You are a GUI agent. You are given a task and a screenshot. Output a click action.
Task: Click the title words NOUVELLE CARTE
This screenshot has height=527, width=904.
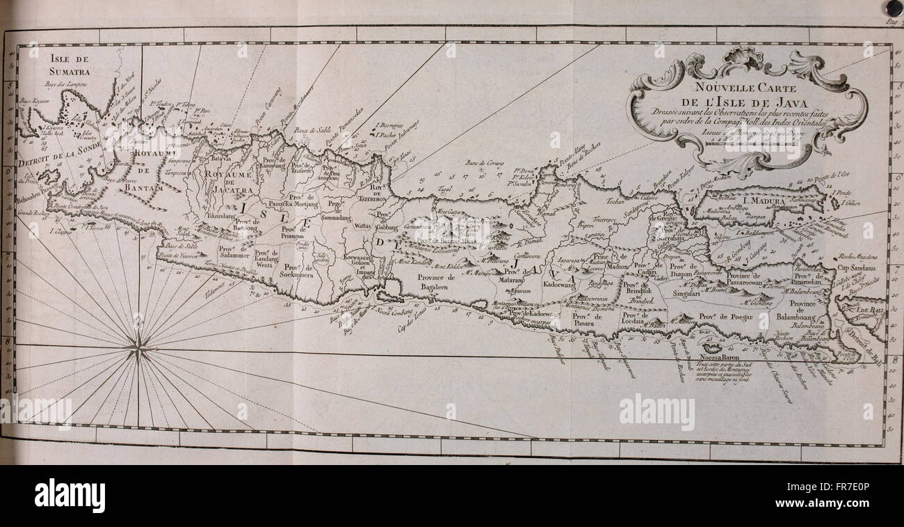[x=746, y=88]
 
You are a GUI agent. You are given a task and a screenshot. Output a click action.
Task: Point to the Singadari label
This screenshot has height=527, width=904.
[x=686, y=294]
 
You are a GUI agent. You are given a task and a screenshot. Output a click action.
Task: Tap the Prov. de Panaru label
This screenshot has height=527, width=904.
[x=586, y=320]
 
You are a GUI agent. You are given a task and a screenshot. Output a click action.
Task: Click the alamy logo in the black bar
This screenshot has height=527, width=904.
[x=70, y=495]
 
